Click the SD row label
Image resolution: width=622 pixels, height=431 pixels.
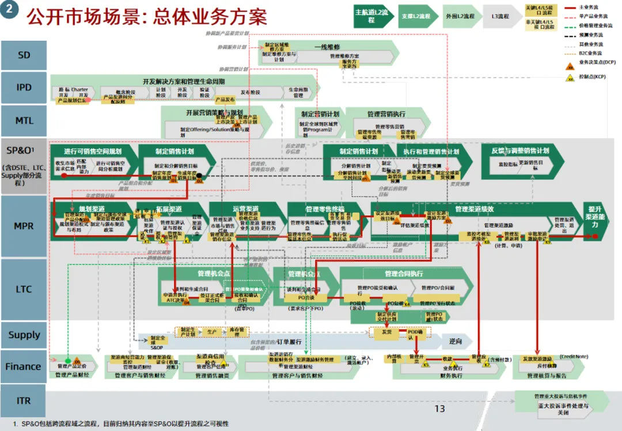24,55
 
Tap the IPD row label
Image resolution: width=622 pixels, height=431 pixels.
24,88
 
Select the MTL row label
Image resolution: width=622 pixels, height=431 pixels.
24,120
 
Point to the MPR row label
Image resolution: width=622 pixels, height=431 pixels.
24,226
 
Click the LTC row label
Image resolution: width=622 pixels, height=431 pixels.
24,289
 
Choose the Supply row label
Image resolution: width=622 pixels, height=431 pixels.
24,335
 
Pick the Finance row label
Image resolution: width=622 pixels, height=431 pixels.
24,366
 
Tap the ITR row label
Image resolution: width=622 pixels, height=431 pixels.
24,400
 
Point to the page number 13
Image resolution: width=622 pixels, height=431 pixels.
439,409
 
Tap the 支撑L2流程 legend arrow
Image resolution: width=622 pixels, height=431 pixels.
416,16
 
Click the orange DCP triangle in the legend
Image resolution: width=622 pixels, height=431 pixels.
570,66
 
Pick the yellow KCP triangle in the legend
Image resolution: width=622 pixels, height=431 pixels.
570,78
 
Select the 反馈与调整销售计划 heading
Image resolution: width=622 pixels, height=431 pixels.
520,151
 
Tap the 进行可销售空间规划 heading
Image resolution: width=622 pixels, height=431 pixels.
93,152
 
